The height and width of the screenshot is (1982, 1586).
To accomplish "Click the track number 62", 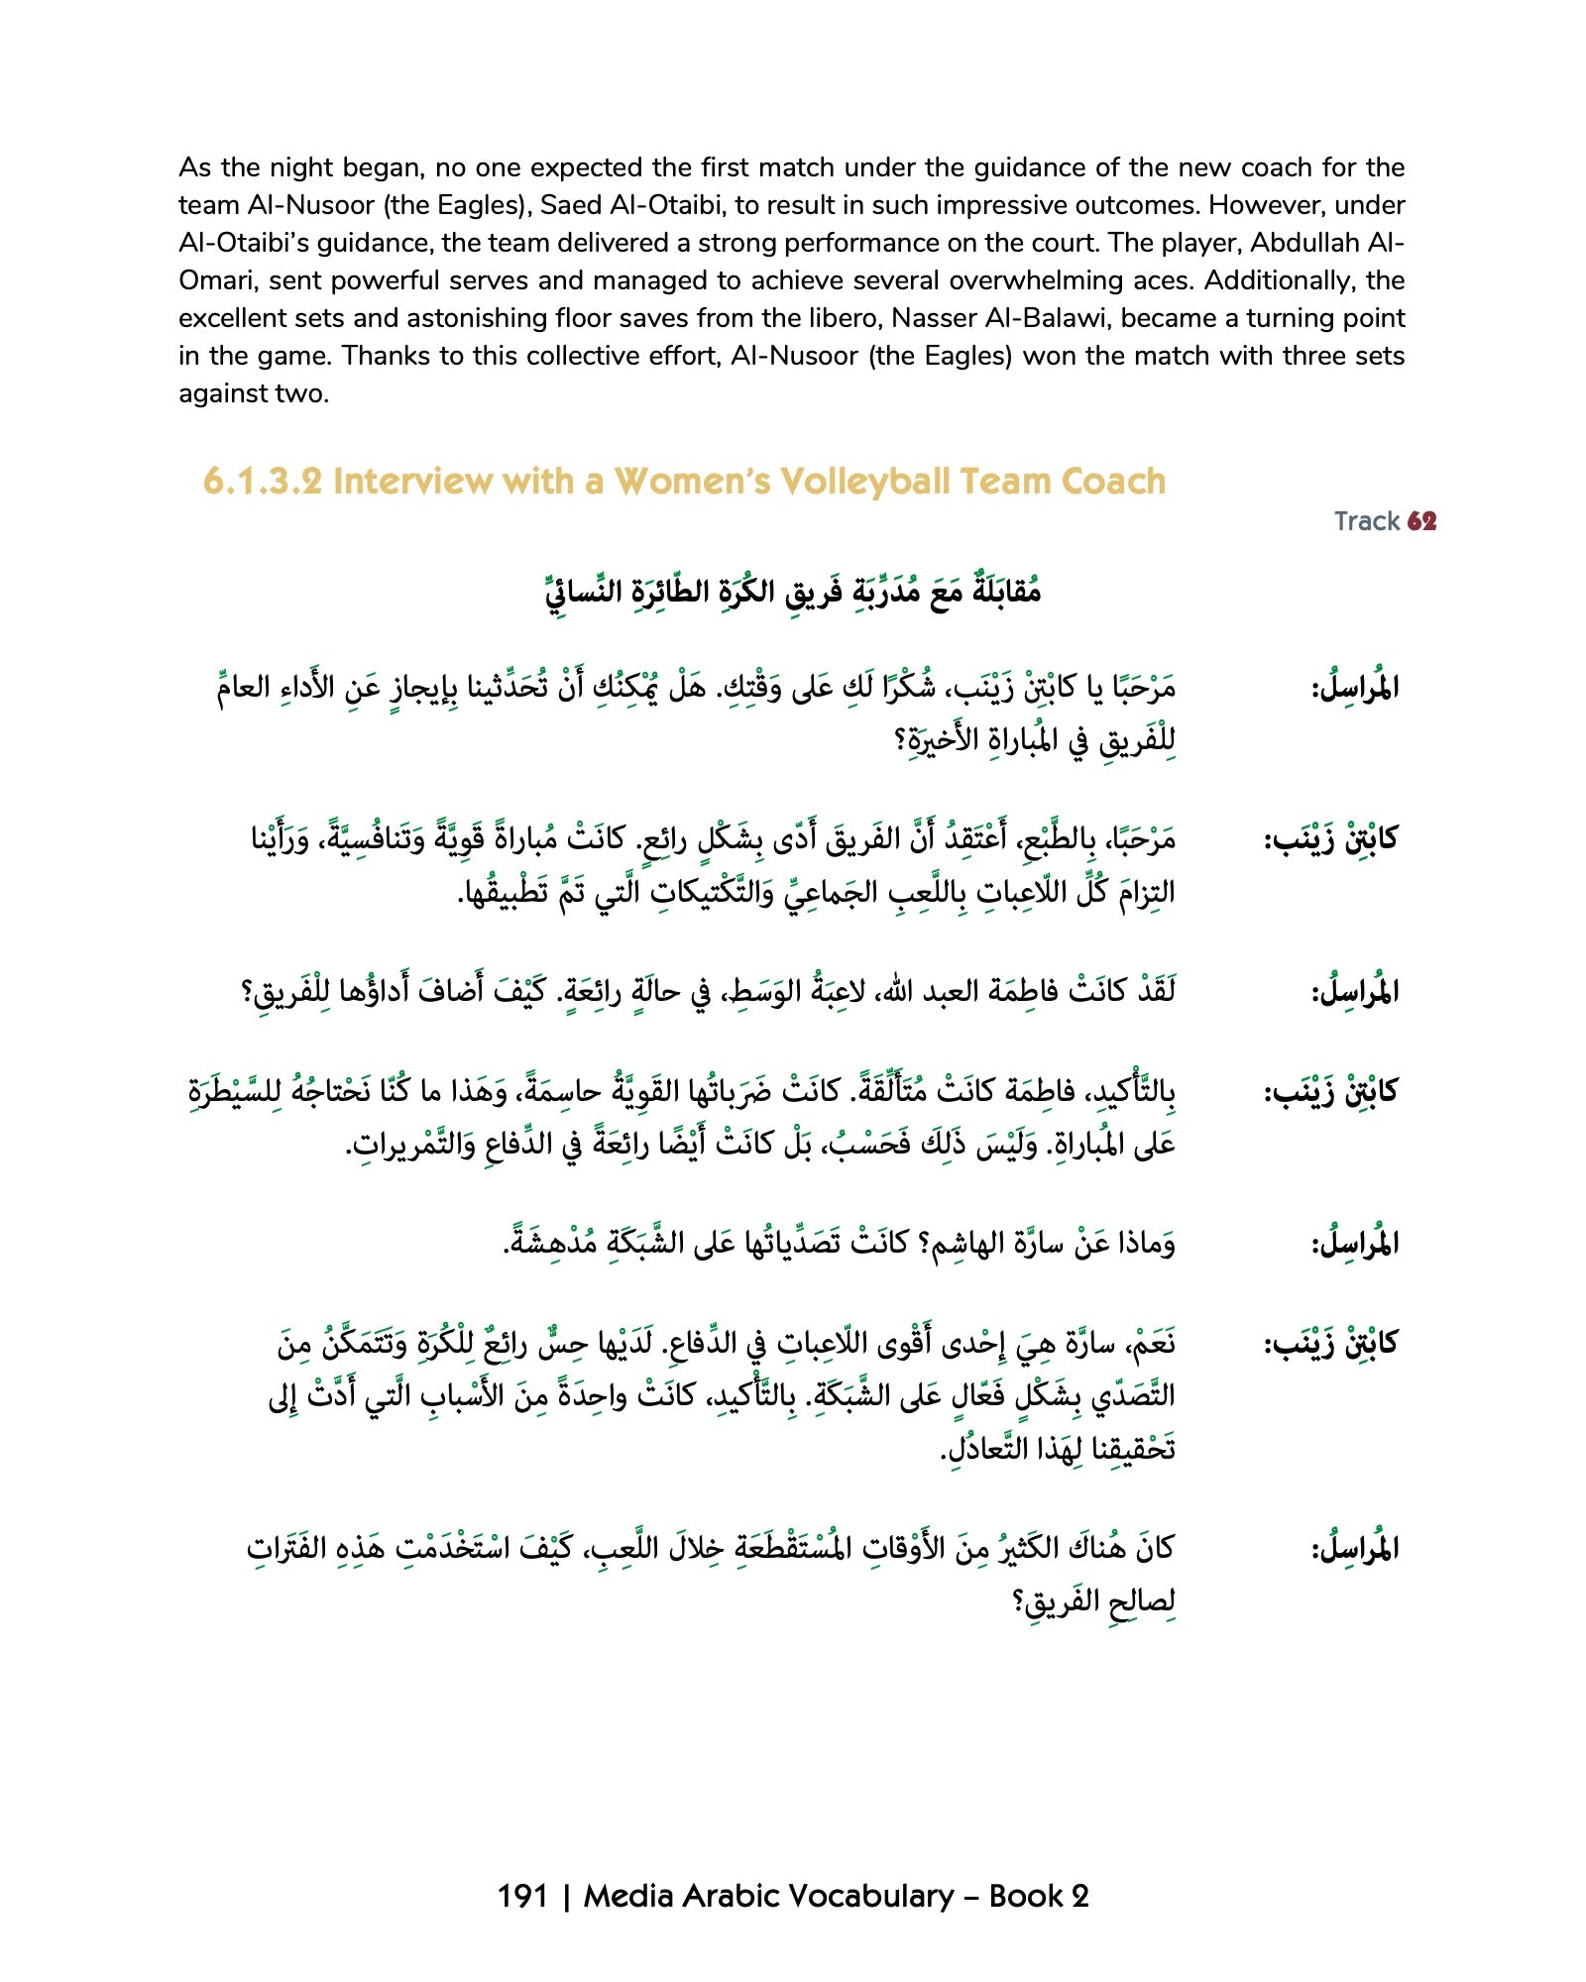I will click(1421, 521).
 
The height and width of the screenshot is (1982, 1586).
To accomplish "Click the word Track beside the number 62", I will click(1366, 521).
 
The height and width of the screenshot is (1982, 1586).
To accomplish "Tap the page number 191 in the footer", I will click(522, 1896).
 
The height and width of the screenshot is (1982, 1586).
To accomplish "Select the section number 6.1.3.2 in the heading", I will click(263, 482).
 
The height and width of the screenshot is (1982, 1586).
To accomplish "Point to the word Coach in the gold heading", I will click(1112, 482).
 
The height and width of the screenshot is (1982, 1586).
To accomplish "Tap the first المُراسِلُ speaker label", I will click(1354, 687).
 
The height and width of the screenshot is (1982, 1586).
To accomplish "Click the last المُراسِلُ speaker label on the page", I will click(1354, 1548).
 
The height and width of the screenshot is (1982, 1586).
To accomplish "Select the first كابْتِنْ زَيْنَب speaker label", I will click(1329, 839).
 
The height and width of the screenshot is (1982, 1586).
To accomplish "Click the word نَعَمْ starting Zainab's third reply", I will click(1150, 1344).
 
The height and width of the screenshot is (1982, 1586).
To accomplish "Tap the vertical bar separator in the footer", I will click(566, 1896).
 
